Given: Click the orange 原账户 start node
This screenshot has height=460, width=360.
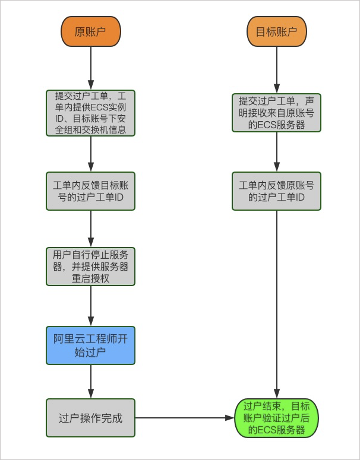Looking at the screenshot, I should (90, 31).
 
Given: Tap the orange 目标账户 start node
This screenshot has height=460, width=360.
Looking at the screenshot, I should (276, 31).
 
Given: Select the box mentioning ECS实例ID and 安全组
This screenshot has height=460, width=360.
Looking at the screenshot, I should (90, 113).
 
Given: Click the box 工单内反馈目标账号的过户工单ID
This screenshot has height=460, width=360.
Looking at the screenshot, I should (90, 191).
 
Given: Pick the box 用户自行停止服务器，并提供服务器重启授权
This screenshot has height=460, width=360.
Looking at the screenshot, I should (90, 266).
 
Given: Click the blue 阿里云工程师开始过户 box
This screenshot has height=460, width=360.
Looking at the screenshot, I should (90, 345).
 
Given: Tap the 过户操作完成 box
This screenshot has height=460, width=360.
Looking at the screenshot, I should (90, 418).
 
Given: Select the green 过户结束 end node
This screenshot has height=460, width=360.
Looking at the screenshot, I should (276, 418).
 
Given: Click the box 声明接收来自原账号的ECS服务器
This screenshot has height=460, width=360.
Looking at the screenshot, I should (276, 113).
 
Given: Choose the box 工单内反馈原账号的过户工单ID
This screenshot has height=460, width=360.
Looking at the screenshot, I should (276, 191).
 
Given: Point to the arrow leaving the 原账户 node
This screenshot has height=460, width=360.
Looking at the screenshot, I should (91, 68).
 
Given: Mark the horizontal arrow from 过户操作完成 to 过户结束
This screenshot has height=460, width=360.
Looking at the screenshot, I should (184, 418).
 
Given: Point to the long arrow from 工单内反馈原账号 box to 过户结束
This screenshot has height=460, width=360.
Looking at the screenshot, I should (277, 303).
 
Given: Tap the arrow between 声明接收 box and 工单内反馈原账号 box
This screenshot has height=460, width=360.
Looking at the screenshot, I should (277, 152).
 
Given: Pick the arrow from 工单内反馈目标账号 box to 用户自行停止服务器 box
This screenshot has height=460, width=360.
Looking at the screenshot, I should (91, 229).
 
